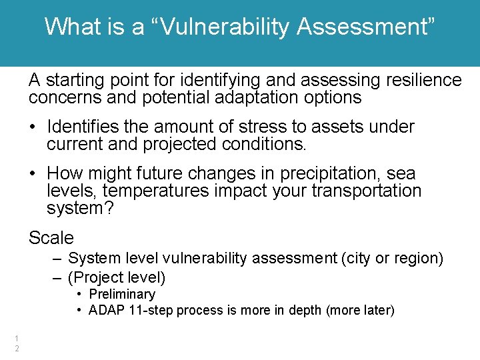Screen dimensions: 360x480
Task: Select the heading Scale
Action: point(51,237)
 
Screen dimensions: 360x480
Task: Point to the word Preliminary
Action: point(122,294)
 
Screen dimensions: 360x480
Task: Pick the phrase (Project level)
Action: point(117,277)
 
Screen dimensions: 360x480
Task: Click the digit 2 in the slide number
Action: point(17,349)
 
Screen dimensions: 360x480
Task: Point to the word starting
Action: point(73,81)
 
